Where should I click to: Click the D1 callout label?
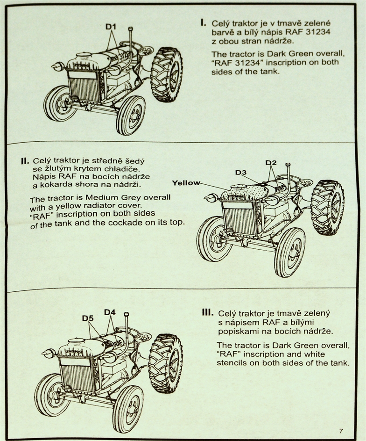111,27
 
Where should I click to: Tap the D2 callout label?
271,163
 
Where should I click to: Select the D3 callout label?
241,173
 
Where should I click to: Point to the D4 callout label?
110,312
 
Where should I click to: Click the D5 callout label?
88,318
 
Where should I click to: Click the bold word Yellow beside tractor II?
186,183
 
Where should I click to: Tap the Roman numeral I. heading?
203,22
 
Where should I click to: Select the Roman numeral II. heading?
25,161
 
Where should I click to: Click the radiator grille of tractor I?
84,89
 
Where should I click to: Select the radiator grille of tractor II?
239,222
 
